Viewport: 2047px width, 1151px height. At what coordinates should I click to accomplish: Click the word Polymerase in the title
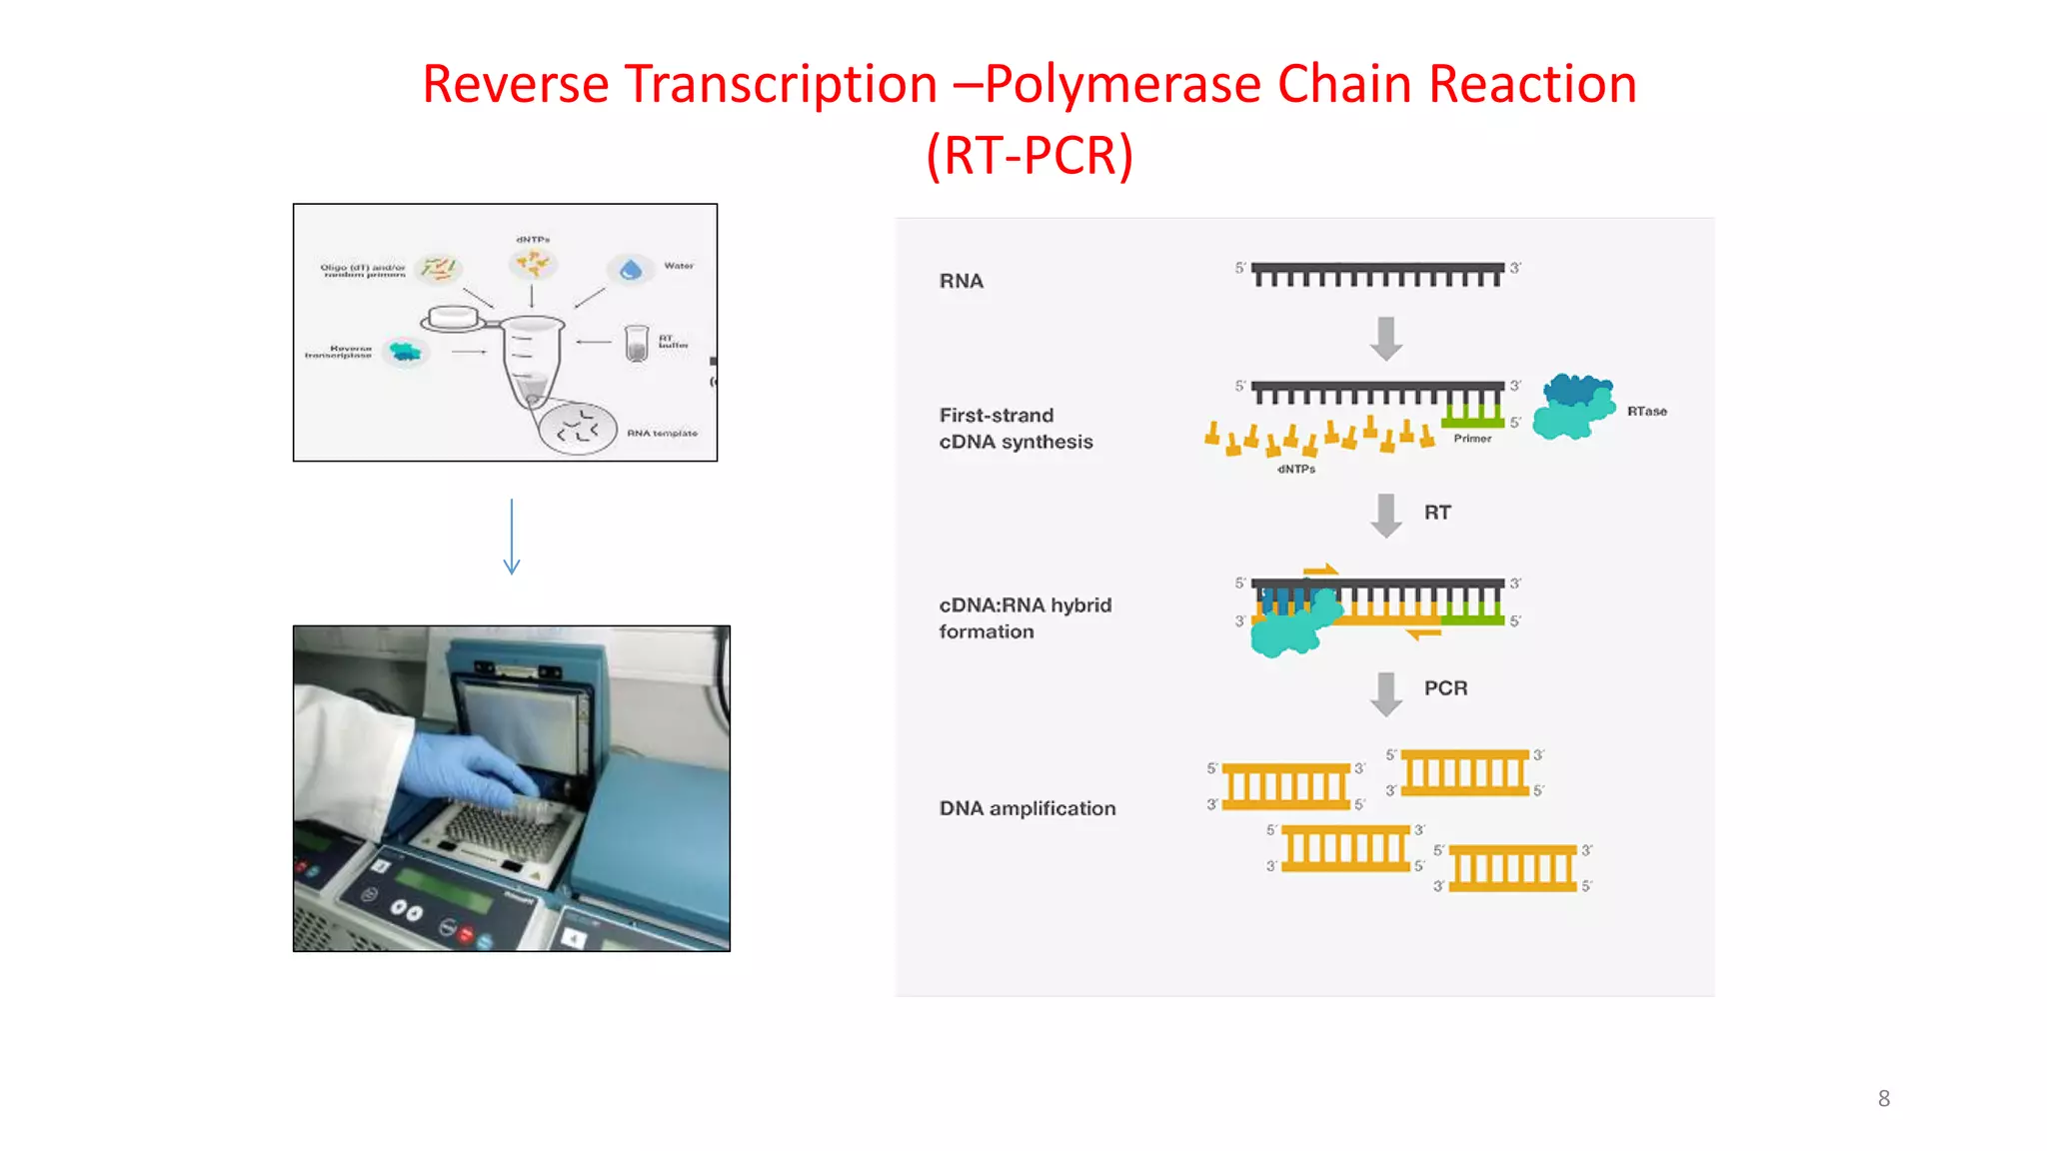click(1123, 84)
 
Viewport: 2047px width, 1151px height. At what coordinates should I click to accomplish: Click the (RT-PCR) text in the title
click(1029, 156)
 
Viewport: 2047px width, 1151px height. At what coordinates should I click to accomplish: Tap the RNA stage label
click(961, 282)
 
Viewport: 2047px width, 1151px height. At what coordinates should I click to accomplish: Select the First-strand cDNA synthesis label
click(1016, 429)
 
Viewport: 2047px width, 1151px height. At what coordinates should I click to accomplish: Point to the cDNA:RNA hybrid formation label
click(1024, 618)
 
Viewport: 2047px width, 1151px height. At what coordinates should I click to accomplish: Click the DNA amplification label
click(1026, 808)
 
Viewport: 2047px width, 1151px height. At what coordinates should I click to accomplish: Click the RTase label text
click(1646, 412)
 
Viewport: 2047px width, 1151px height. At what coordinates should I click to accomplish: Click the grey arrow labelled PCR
click(1385, 693)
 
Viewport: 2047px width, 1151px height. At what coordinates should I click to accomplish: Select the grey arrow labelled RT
click(1385, 516)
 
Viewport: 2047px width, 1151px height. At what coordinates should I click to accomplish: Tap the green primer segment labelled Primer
click(1472, 422)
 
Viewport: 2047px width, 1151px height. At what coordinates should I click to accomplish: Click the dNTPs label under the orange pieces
click(1296, 470)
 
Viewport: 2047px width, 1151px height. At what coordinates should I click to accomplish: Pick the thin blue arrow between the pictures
click(512, 537)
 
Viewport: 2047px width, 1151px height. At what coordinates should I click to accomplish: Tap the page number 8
click(1883, 1099)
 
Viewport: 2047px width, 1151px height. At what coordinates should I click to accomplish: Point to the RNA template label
click(662, 434)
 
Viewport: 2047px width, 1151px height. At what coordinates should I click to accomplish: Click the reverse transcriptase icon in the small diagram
click(406, 352)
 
